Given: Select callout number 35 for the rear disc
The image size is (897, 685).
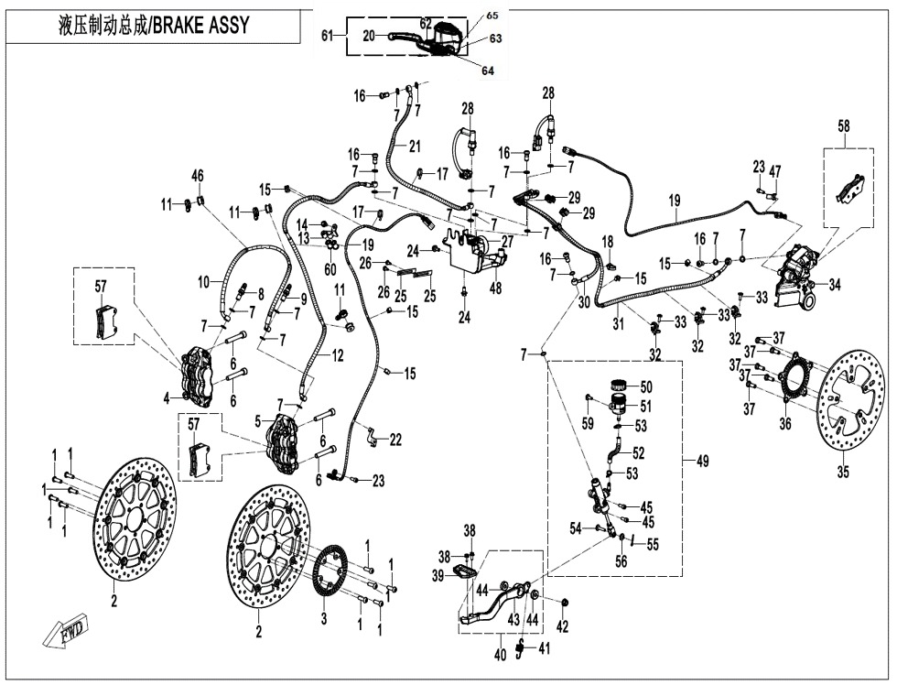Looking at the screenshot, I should click(x=843, y=473).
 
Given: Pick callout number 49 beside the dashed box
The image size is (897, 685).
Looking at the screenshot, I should click(x=702, y=462).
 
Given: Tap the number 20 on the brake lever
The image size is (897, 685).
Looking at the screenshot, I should click(x=368, y=36).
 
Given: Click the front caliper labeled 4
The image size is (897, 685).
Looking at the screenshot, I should click(x=200, y=375).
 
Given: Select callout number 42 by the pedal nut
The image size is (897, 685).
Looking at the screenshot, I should click(x=563, y=627).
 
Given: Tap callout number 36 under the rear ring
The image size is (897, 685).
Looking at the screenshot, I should click(x=785, y=423).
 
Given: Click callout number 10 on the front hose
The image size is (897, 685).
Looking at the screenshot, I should click(x=206, y=285).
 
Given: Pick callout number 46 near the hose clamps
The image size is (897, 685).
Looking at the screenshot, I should click(x=197, y=175).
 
